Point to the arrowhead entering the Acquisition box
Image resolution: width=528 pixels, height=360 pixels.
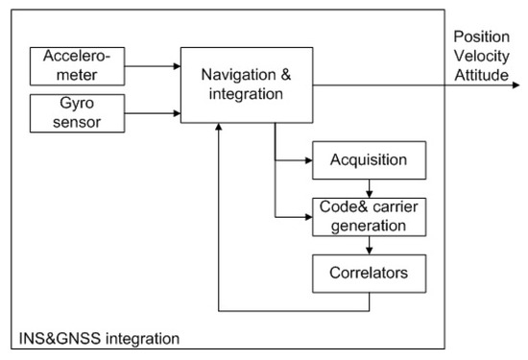(x=306, y=158)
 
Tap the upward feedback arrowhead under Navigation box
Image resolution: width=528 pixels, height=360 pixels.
(x=221, y=129)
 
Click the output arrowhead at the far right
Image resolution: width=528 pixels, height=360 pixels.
(x=519, y=84)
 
